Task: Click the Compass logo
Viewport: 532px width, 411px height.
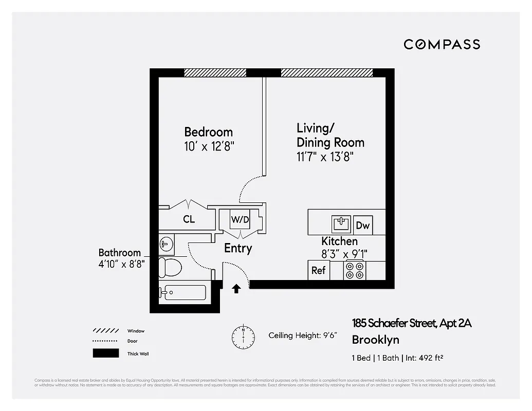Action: coord(442,44)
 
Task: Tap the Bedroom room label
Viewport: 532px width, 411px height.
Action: coord(208,132)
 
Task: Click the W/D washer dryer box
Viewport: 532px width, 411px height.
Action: coord(240,220)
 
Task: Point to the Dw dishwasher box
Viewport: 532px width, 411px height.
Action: coord(363,225)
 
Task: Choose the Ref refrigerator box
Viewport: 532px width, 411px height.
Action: coord(319,270)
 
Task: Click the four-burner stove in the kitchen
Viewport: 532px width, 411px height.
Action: coord(354,270)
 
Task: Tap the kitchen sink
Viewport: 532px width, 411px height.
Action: coord(341,224)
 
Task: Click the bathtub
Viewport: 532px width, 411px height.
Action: coord(182,293)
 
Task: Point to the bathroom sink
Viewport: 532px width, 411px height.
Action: coord(166,244)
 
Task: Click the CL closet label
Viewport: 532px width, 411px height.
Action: coord(189,219)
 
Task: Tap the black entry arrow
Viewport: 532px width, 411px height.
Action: coord(236,289)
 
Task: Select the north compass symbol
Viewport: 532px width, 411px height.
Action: coord(243,337)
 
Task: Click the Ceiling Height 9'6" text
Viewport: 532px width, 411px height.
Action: coord(302,335)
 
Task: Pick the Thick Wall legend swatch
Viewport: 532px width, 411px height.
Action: coord(105,353)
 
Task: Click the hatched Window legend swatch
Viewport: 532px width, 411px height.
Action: coord(105,331)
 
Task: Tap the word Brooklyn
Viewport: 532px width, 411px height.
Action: coord(375,340)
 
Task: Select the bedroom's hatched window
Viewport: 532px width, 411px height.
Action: coord(215,72)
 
